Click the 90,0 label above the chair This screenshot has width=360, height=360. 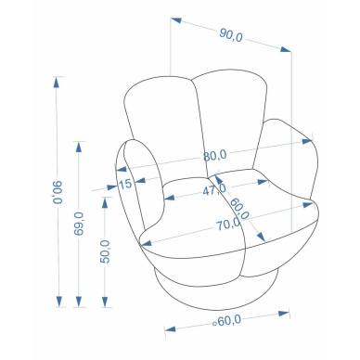coord(231,34)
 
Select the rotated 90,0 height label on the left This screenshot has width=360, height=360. coord(58,192)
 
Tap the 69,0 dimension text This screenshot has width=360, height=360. coord(79,224)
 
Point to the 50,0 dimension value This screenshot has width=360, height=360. coord(105,251)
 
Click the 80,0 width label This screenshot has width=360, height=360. coord(215,155)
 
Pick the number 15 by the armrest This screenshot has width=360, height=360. coord(125,185)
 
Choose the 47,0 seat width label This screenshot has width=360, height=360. coord(214,189)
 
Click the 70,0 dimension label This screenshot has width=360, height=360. coord(228,224)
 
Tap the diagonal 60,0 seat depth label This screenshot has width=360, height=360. coord(239,209)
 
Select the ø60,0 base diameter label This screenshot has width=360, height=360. coord(227,321)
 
